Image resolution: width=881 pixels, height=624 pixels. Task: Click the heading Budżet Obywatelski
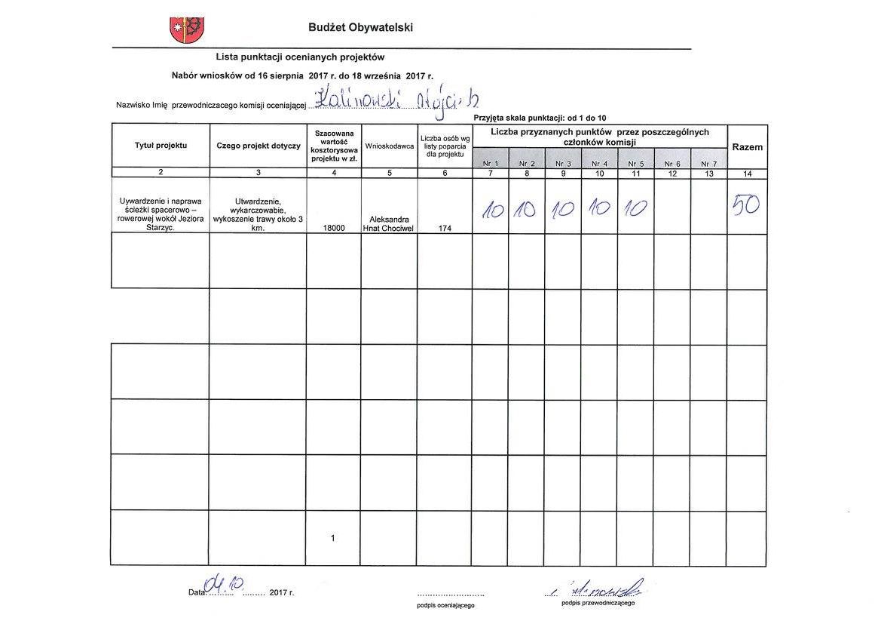point(360,28)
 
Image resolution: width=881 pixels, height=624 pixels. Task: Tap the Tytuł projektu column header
point(161,146)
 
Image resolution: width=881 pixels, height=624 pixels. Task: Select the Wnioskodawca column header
point(390,146)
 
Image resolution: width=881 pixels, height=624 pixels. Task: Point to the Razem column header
point(747,147)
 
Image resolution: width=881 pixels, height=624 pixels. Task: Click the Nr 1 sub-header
point(491,163)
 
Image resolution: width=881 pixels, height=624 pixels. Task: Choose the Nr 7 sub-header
point(709,163)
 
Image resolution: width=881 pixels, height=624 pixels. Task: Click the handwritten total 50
point(746,204)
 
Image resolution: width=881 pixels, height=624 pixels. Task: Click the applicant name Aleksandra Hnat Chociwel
point(390,223)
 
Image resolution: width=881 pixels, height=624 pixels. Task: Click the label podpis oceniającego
point(446,605)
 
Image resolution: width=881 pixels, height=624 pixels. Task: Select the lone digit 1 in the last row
point(333,539)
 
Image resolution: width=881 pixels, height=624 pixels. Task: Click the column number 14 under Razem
point(747,174)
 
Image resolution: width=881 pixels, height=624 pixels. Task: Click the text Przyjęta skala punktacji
point(540,118)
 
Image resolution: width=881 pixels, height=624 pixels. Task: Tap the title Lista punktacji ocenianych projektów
point(300,57)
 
